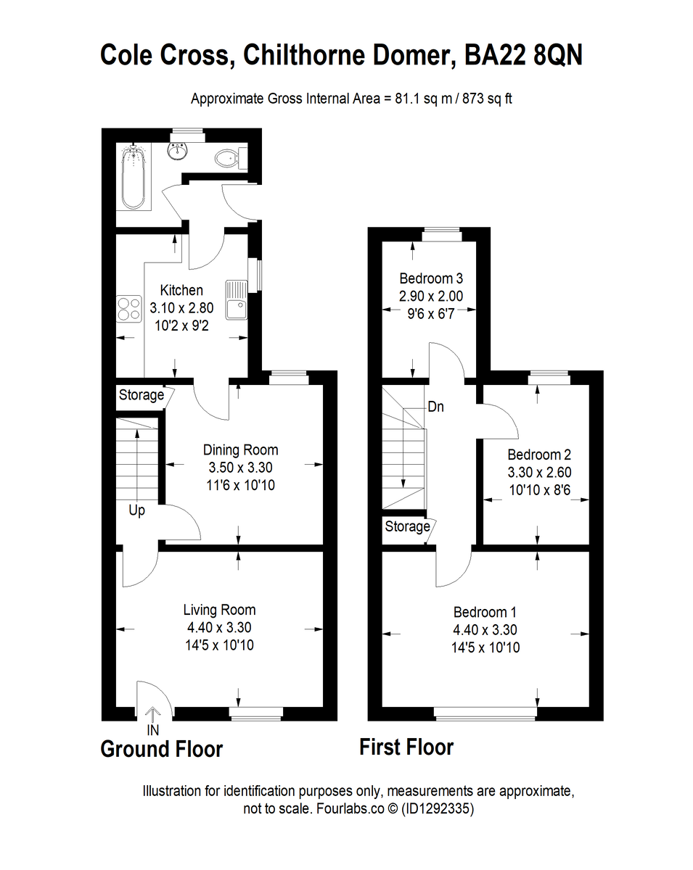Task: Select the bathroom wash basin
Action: (x=178, y=151)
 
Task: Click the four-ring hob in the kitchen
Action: (x=128, y=310)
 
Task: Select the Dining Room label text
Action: (x=240, y=449)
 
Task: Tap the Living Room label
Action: (x=219, y=610)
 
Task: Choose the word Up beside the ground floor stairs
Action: (x=136, y=510)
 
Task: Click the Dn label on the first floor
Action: (x=435, y=407)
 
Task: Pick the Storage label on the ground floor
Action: (x=141, y=395)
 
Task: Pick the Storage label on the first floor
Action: (x=407, y=526)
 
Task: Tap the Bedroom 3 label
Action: (x=431, y=278)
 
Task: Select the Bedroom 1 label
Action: (x=485, y=612)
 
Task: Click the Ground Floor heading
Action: (x=161, y=748)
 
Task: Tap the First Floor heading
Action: (x=406, y=747)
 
